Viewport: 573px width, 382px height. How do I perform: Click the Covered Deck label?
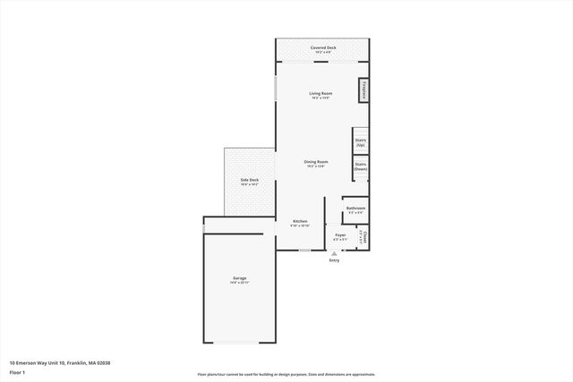(x=323, y=47)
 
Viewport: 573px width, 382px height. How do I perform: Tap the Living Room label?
(x=321, y=93)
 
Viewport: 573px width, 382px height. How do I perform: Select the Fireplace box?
(x=364, y=91)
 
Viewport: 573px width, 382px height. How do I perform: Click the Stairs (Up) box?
(x=360, y=141)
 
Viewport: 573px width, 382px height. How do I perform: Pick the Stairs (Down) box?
(x=360, y=166)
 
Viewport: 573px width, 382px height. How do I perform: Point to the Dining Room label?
(x=316, y=161)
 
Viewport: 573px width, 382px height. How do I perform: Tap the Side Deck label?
(x=249, y=180)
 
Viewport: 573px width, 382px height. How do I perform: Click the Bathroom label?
(x=355, y=208)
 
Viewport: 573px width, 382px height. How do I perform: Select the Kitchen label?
(x=300, y=221)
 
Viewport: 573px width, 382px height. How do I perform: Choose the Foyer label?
(x=340, y=235)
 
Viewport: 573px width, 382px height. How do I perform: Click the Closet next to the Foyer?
(x=364, y=237)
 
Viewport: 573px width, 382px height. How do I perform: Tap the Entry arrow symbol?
(x=334, y=254)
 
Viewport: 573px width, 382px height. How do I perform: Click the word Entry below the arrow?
(x=334, y=260)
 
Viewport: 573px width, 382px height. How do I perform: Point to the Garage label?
(x=240, y=278)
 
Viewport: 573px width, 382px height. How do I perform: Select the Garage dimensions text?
(x=240, y=284)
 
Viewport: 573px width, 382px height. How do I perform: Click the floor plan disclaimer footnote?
(x=286, y=375)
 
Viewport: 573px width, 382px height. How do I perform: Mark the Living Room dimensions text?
(x=321, y=98)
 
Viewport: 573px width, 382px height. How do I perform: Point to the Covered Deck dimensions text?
(x=323, y=53)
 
